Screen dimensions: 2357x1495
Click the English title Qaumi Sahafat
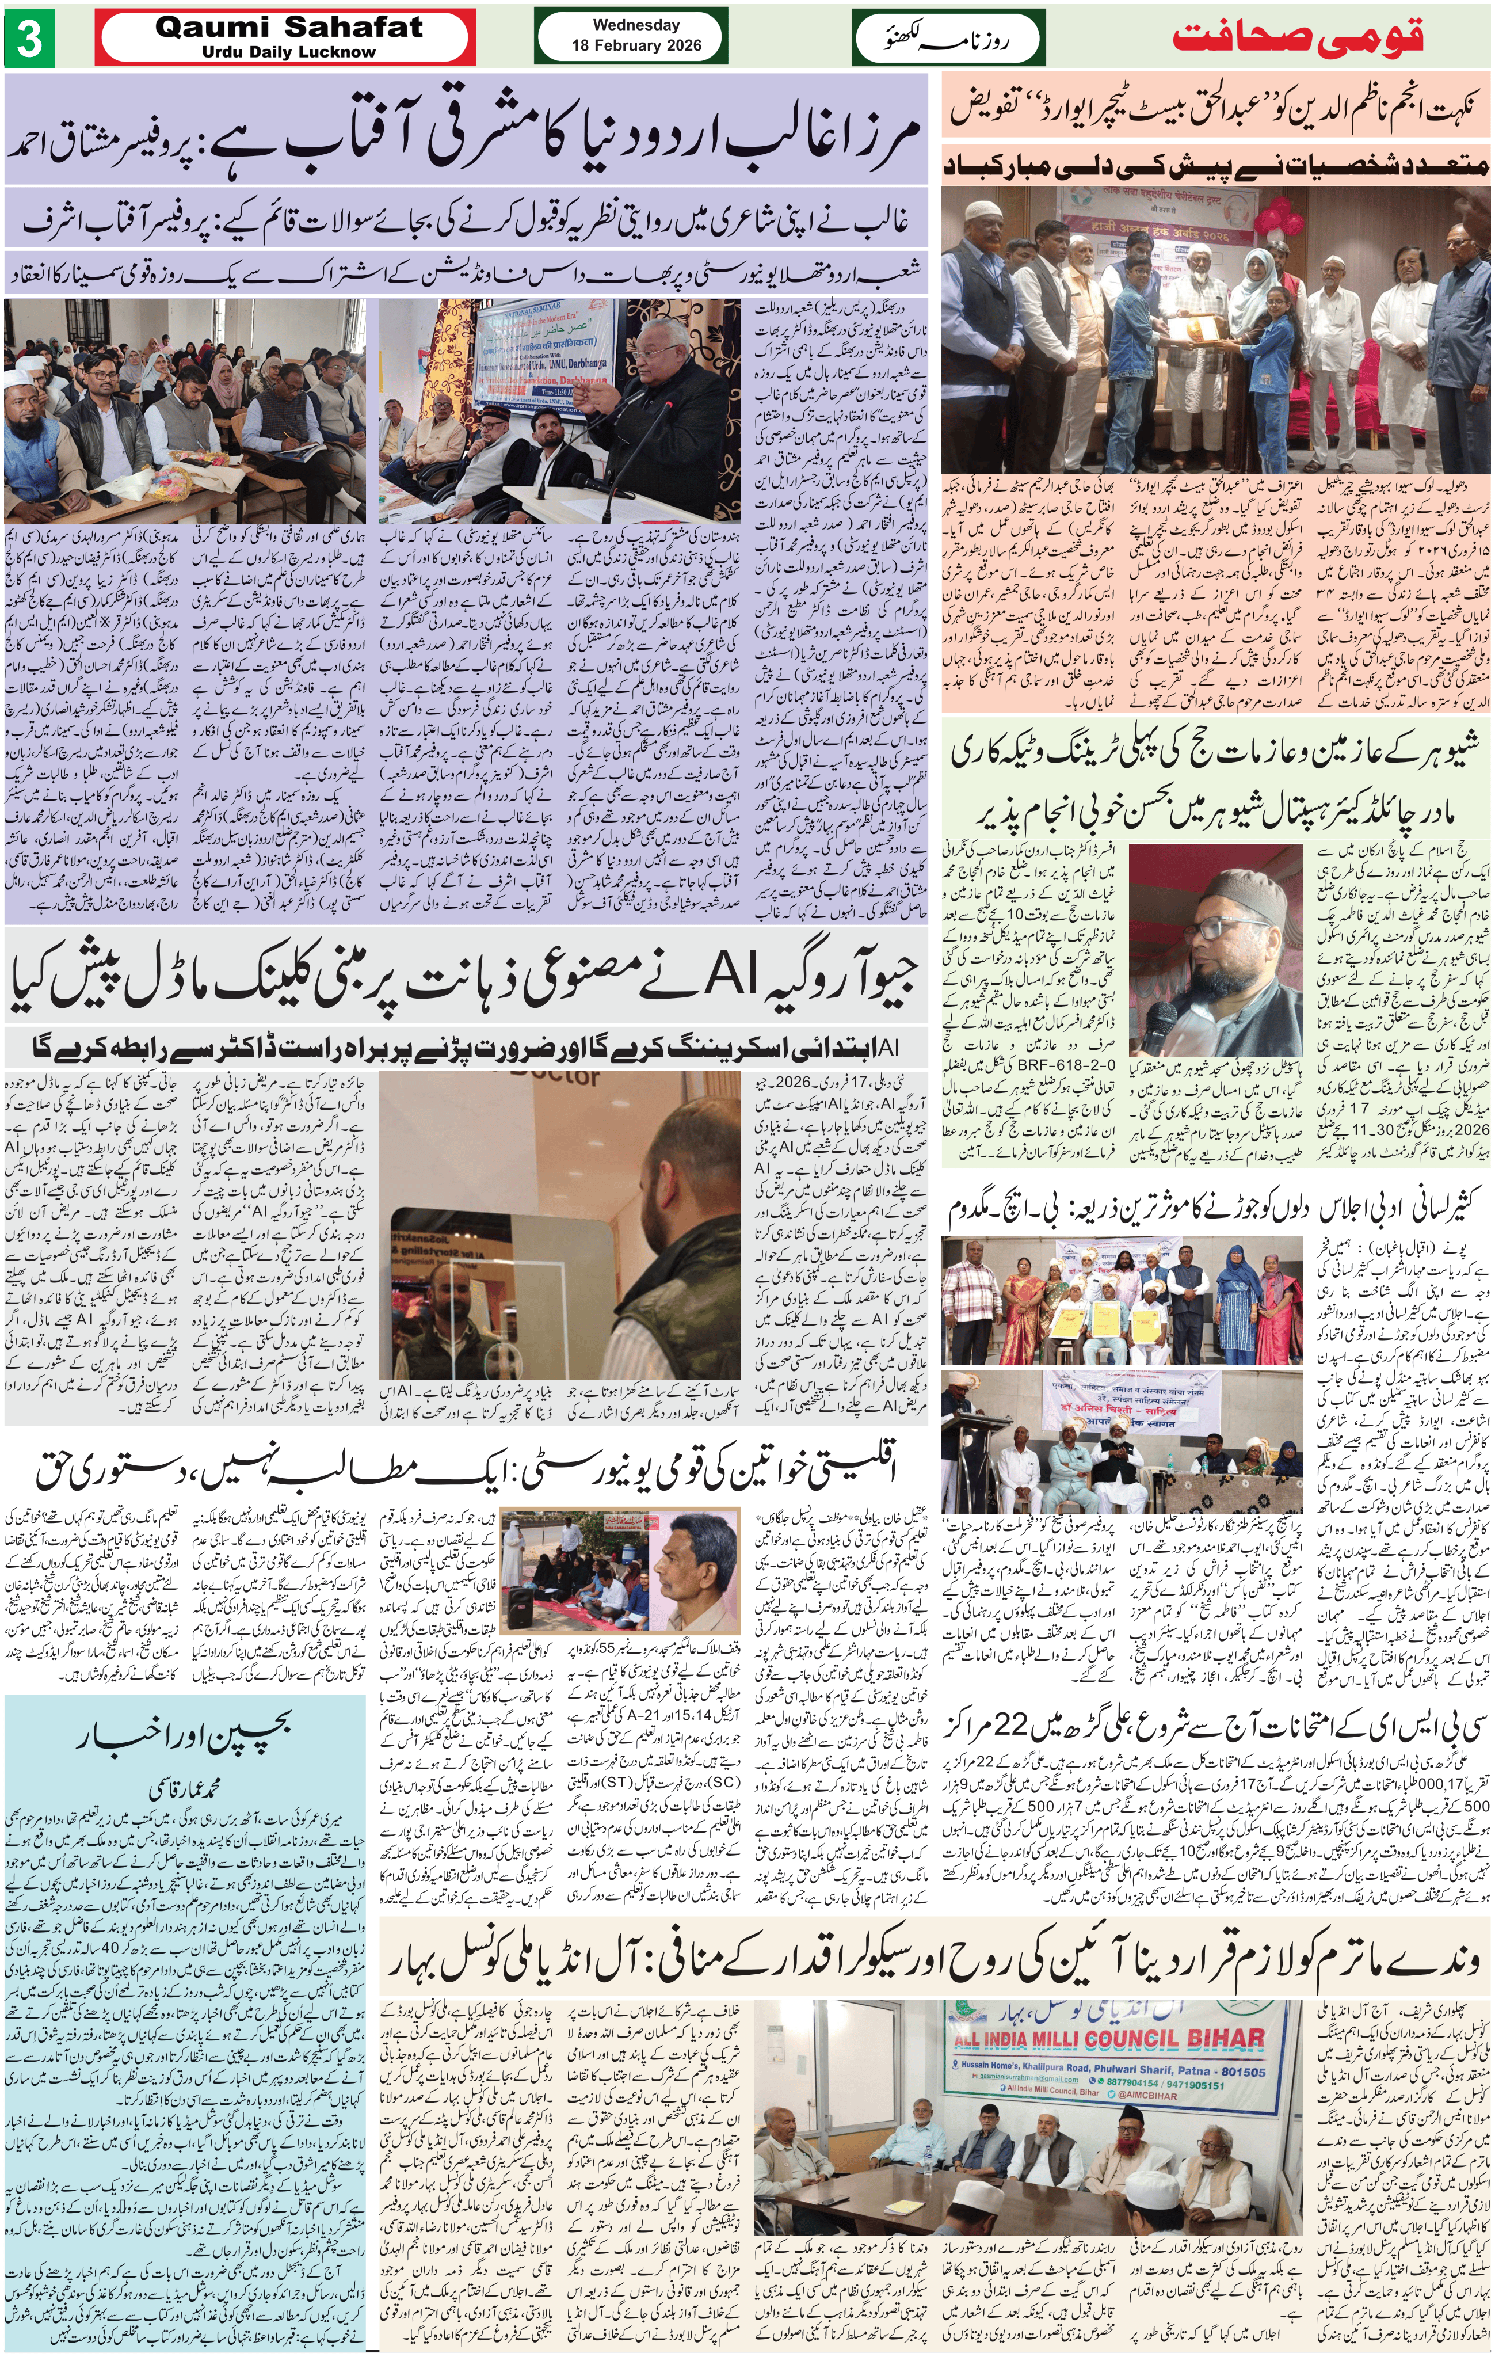289,28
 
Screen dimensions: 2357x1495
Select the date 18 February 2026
637,45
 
